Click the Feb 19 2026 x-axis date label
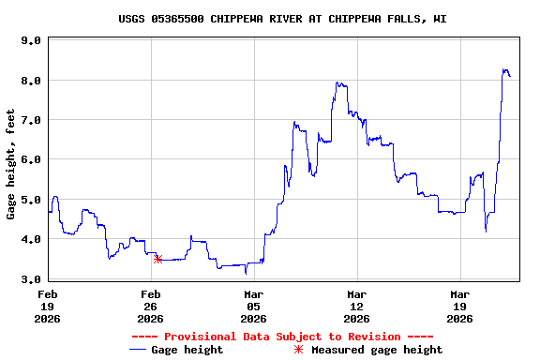pyautogui.click(x=48, y=306)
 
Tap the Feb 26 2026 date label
pyautogui.click(x=151, y=306)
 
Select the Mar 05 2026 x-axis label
pyautogui.click(x=253, y=306)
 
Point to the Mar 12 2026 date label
pyautogui.click(x=356, y=306)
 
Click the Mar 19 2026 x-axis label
pyautogui.click(x=459, y=306)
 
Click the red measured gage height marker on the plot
pyautogui.click(x=157, y=259)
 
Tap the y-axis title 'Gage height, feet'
pyautogui.click(x=10, y=164)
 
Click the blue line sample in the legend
pyautogui.click(x=139, y=350)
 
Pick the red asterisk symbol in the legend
pyautogui.click(x=299, y=350)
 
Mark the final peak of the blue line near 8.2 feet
pyautogui.click(x=505, y=70)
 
